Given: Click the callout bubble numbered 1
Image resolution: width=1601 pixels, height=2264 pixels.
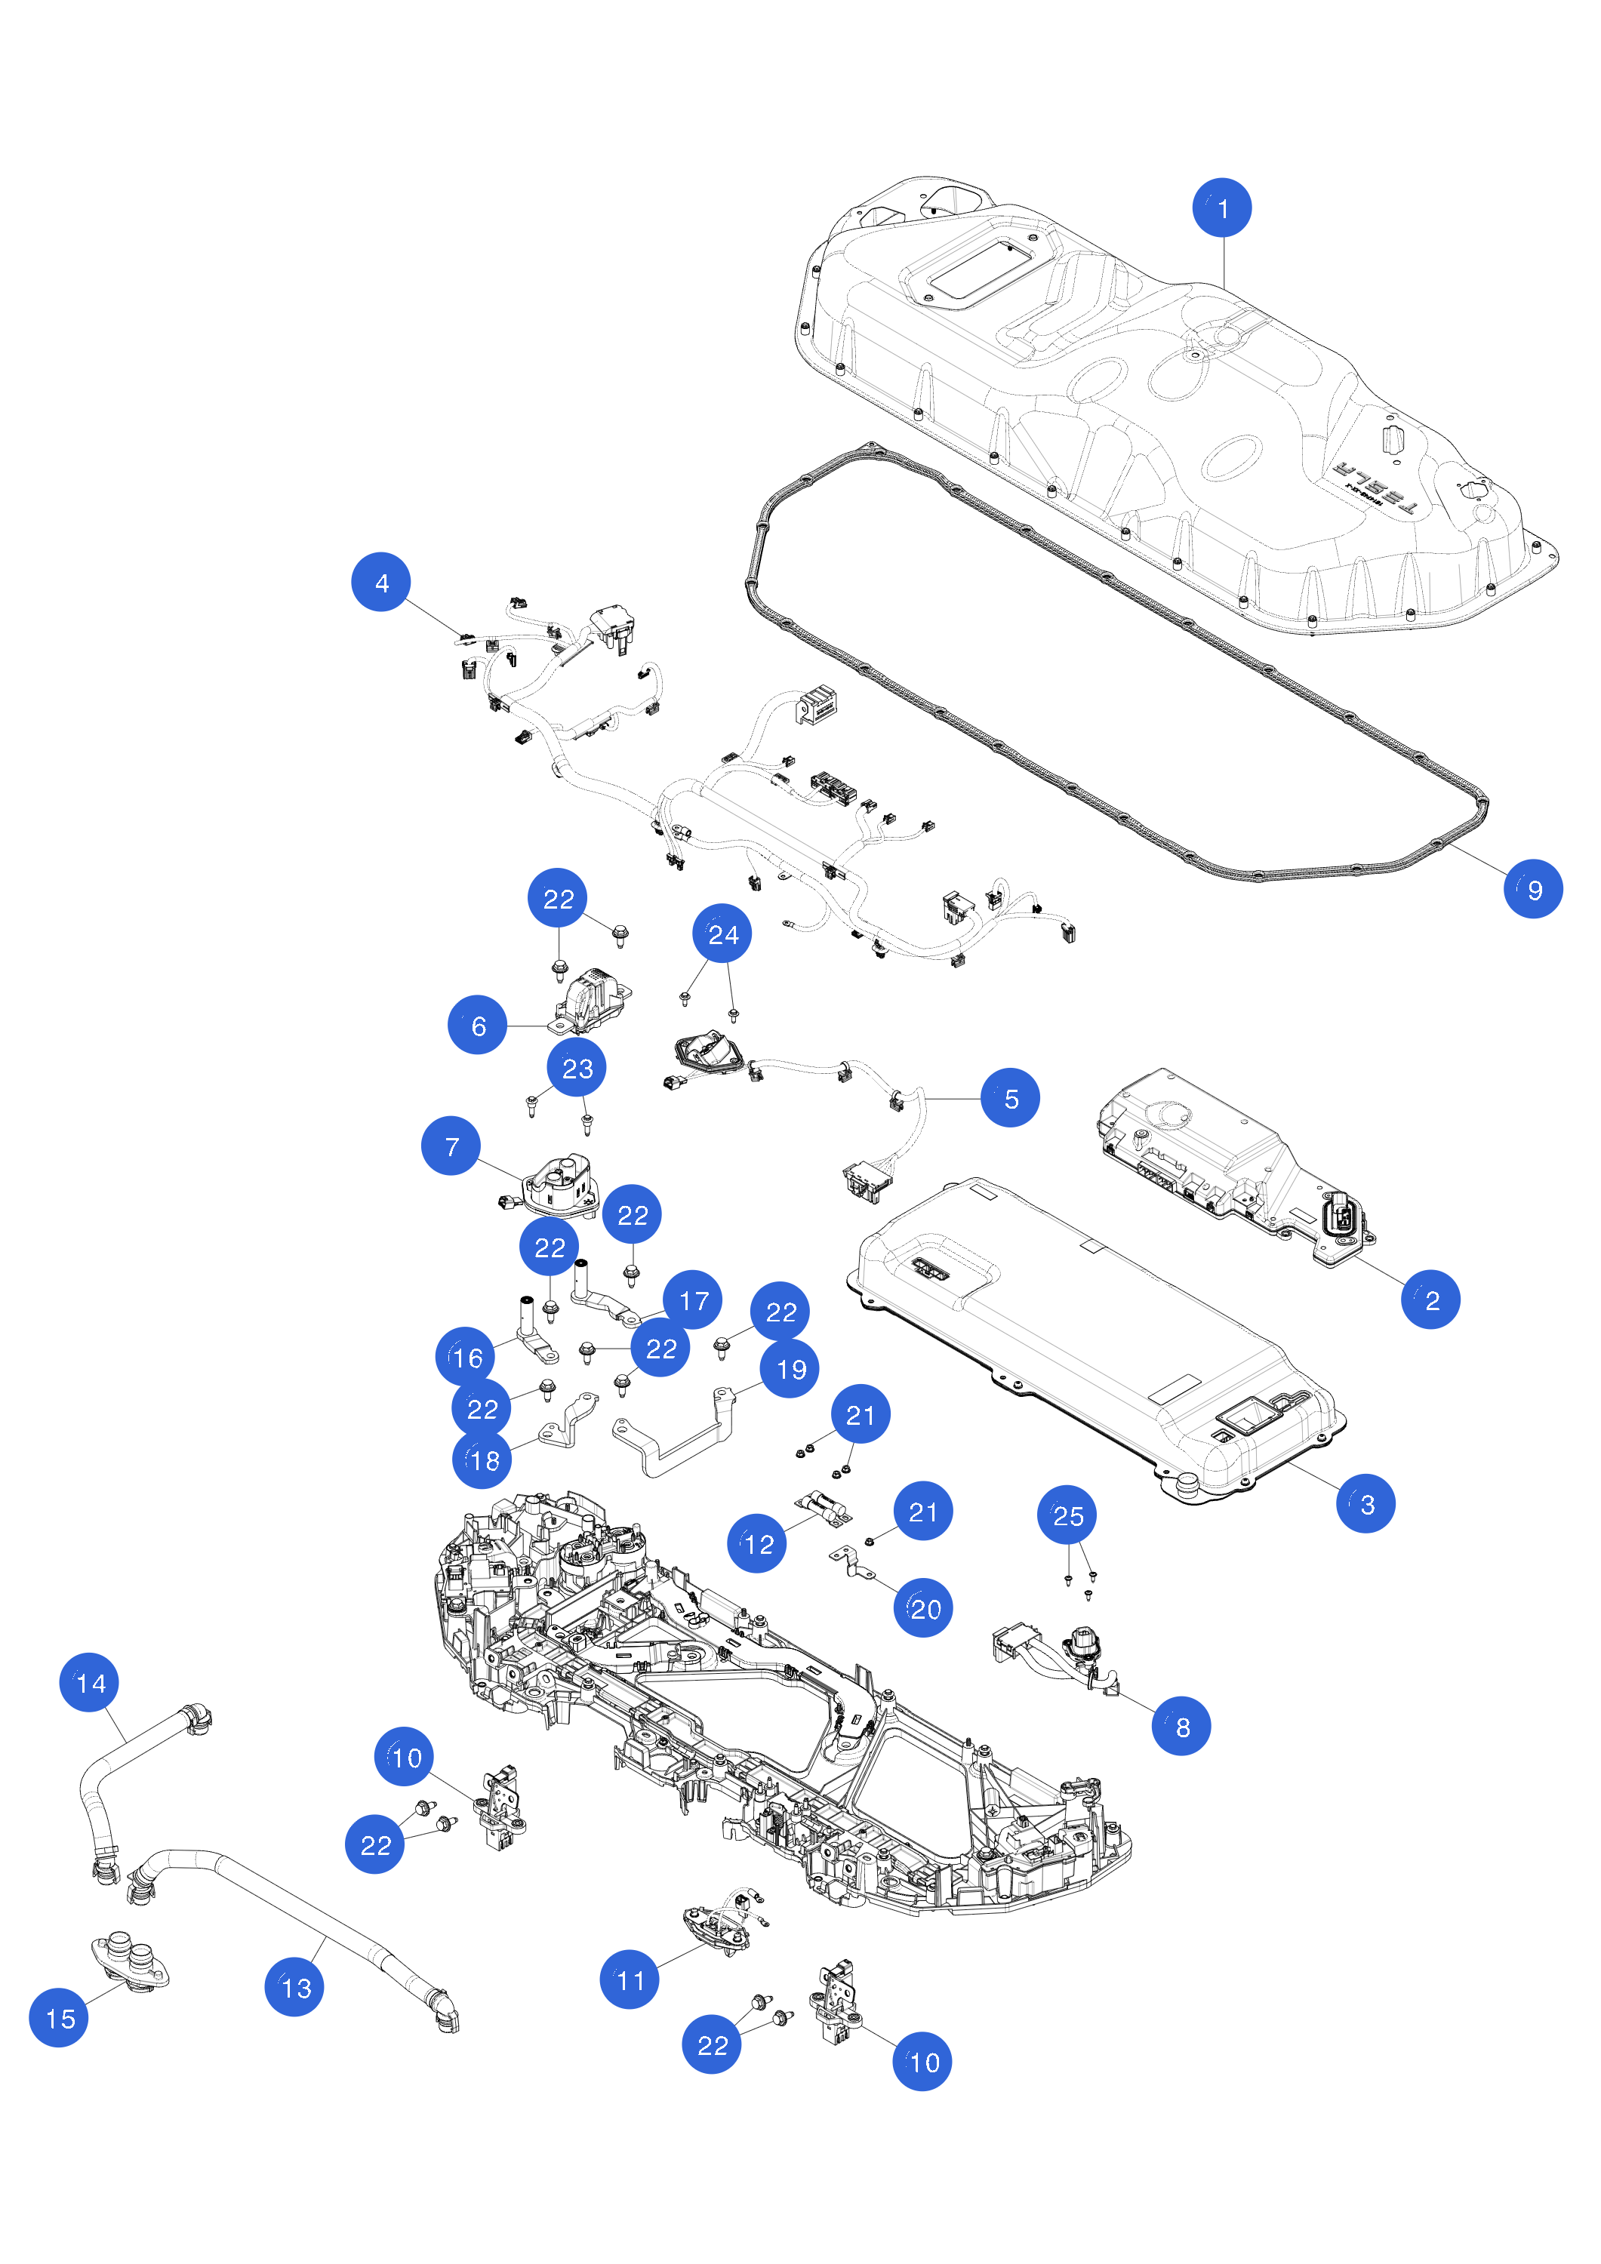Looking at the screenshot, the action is (1222, 208).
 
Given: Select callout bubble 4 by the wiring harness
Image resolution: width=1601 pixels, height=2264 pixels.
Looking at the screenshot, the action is (380, 582).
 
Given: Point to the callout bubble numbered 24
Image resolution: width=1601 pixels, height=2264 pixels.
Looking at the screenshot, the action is (722, 934).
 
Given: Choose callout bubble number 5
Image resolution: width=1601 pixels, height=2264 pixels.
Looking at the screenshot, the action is (1010, 1097).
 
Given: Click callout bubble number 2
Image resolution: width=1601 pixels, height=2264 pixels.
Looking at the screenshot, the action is (1430, 1300).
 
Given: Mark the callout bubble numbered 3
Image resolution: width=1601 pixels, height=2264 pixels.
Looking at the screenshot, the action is (1365, 1504).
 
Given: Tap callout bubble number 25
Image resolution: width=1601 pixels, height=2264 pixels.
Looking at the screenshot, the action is (1067, 1515).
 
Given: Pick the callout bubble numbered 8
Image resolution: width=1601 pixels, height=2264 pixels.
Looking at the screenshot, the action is (1181, 1726).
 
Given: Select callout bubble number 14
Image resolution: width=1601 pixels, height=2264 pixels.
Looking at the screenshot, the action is (90, 1682).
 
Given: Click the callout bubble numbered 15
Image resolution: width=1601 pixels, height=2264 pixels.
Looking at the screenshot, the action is (59, 2017).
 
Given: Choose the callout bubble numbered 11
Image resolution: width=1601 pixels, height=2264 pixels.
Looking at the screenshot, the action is (630, 1979).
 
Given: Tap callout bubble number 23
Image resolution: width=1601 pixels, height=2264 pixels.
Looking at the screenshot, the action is (577, 1068).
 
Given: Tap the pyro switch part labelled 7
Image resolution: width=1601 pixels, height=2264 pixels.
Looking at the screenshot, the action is (559, 1186).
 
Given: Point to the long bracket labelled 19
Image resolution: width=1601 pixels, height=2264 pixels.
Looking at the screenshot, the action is (674, 1431).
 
